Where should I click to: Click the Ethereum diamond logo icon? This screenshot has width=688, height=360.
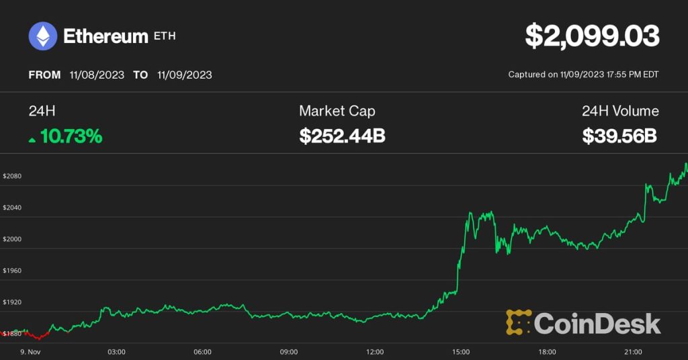coord(42,36)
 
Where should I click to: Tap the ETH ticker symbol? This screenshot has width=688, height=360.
coord(165,36)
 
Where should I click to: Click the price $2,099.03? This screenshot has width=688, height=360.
coord(591,36)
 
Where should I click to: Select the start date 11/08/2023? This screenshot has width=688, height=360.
coord(97,75)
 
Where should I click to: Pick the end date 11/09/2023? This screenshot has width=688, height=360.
coord(184,75)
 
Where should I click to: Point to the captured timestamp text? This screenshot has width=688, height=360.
coord(583,75)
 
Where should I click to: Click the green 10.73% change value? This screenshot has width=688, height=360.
coord(71,136)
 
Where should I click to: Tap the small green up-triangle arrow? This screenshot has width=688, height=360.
coord(32,140)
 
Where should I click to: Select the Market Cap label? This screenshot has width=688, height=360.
coord(337,111)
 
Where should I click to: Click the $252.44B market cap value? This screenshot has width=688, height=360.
coord(342,136)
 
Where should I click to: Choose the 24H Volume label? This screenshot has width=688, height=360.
coord(620,111)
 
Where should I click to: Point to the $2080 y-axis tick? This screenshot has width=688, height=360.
coord(12,176)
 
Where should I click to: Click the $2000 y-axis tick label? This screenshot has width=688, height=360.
coord(12,239)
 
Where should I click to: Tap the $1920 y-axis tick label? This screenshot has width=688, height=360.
coord(12,302)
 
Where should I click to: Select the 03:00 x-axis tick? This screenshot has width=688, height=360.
coord(116,351)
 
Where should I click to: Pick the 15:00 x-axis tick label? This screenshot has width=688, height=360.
coord(461,351)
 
